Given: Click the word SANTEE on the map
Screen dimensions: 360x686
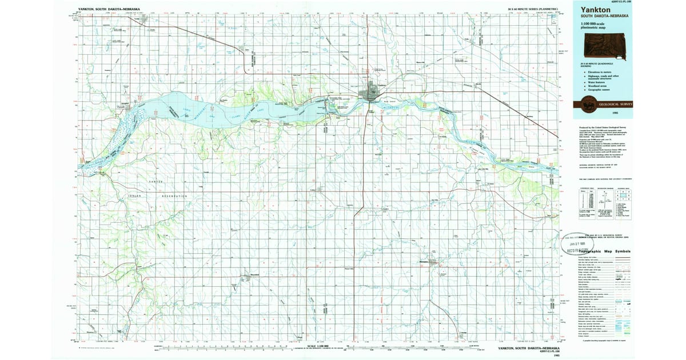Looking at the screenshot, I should (157, 181).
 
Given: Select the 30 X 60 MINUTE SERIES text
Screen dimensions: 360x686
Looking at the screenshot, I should (535, 10).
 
